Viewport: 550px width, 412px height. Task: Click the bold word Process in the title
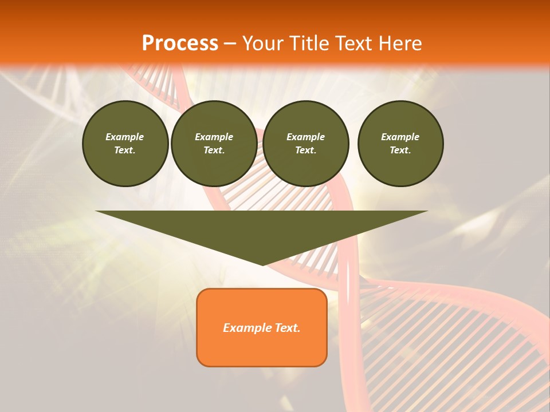pos(180,43)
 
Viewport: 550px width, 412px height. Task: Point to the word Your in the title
pos(262,43)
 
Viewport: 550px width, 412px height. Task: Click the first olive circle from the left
pos(125,143)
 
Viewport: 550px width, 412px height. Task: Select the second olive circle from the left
pos(214,143)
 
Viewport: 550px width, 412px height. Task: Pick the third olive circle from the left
pos(305,143)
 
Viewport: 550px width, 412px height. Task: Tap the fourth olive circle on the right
pos(400,143)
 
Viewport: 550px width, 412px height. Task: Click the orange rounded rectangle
pos(261,327)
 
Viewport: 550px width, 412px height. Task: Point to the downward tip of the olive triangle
pos(262,264)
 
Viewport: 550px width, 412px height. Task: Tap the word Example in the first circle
pos(125,137)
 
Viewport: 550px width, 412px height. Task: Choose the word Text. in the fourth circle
pos(400,150)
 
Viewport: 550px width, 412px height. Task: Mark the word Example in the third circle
pos(305,137)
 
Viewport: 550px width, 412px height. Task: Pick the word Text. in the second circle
pos(214,150)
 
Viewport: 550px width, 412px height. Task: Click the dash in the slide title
pos(230,44)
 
